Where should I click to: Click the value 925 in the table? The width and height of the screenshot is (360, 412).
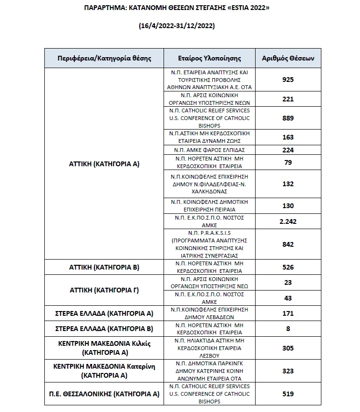[x=288, y=80]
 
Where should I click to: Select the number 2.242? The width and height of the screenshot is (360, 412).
[x=288, y=221]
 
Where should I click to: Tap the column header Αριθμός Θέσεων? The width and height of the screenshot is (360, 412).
[x=288, y=59]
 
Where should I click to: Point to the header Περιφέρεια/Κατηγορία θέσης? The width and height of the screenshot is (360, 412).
[x=104, y=59]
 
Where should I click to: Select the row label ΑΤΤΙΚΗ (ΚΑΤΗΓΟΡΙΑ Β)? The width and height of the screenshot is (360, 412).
[x=104, y=267]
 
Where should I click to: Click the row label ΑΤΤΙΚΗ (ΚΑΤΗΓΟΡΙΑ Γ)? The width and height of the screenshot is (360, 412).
[x=104, y=290]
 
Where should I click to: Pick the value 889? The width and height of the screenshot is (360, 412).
[x=288, y=118]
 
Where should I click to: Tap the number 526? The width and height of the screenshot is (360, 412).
[x=288, y=267]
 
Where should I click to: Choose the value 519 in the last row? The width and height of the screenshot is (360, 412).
[x=288, y=394]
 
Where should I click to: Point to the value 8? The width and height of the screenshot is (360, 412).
[x=288, y=329]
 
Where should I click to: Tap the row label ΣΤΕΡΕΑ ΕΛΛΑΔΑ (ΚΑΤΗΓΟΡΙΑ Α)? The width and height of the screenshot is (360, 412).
[x=104, y=313]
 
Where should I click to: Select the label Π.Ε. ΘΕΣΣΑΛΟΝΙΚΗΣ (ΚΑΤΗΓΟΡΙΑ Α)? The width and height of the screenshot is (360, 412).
[x=104, y=394]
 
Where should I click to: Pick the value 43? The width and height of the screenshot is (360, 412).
[x=288, y=298]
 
